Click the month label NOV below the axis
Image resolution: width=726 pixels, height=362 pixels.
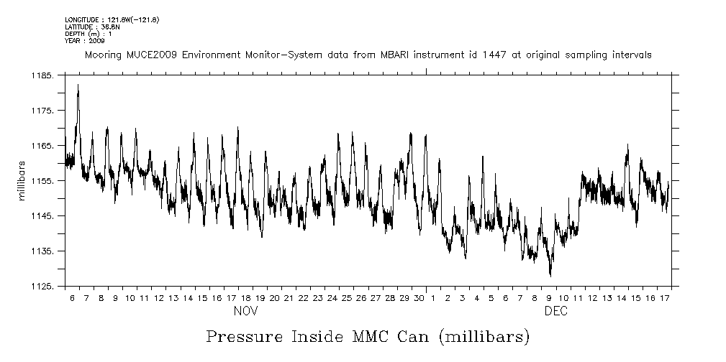point(245,312)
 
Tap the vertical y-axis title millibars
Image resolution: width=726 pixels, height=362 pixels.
point(23,180)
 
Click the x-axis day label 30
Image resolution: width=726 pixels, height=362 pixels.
point(419,298)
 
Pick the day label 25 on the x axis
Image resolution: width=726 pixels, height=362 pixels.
point(347,298)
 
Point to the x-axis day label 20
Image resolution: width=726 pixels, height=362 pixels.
point(274,298)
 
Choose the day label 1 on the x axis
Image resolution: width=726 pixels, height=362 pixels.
point(433,298)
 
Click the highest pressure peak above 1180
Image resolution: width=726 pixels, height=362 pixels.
point(78,85)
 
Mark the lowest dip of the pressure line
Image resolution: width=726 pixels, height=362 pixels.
point(550,275)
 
